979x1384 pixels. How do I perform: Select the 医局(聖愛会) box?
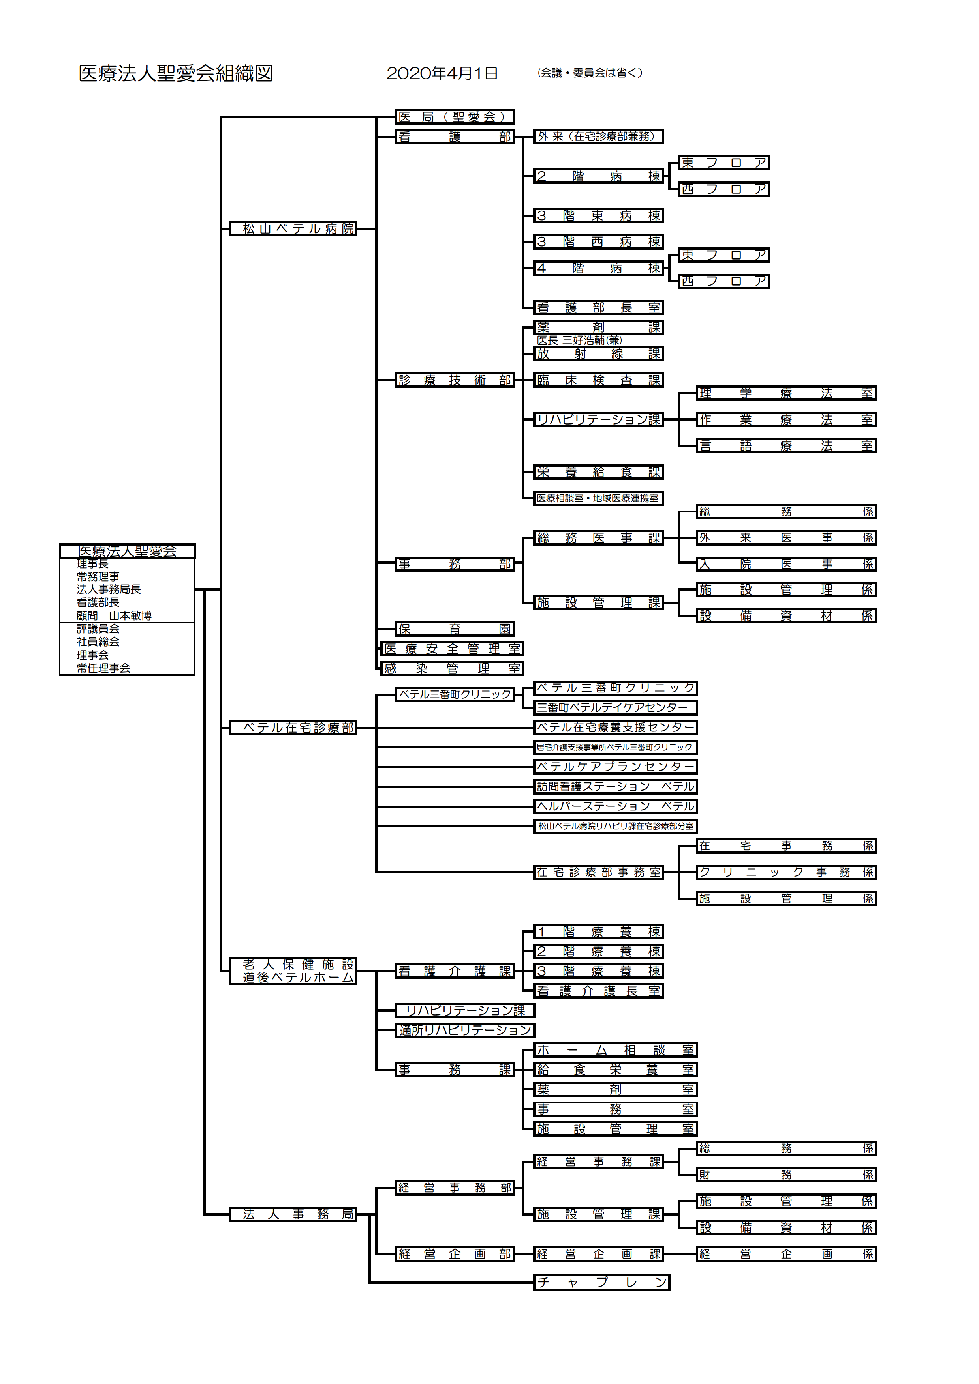[x=454, y=117]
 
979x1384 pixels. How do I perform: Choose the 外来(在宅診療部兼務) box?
[x=598, y=137]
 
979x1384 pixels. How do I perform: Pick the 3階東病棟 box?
[x=598, y=216]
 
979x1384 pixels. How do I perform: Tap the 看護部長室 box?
[x=598, y=308]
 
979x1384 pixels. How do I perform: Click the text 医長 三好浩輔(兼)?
[x=579, y=340]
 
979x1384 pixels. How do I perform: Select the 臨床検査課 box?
[x=598, y=380]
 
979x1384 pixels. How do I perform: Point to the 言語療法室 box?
[x=785, y=446]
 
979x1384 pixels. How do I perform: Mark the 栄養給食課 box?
[x=598, y=473]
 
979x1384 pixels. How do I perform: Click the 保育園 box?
[x=454, y=629]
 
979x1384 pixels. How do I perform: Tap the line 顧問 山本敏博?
[x=114, y=615]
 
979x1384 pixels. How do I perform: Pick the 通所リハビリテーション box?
[x=464, y=1030]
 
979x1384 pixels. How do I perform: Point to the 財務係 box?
[x=785, y=1175]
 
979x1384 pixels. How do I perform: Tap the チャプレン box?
[x=601, y=1283]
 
